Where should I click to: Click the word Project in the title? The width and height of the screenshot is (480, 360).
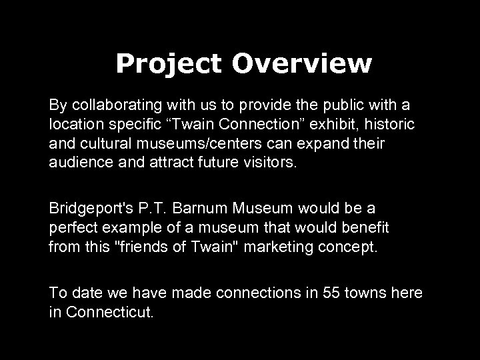(169, 64)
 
